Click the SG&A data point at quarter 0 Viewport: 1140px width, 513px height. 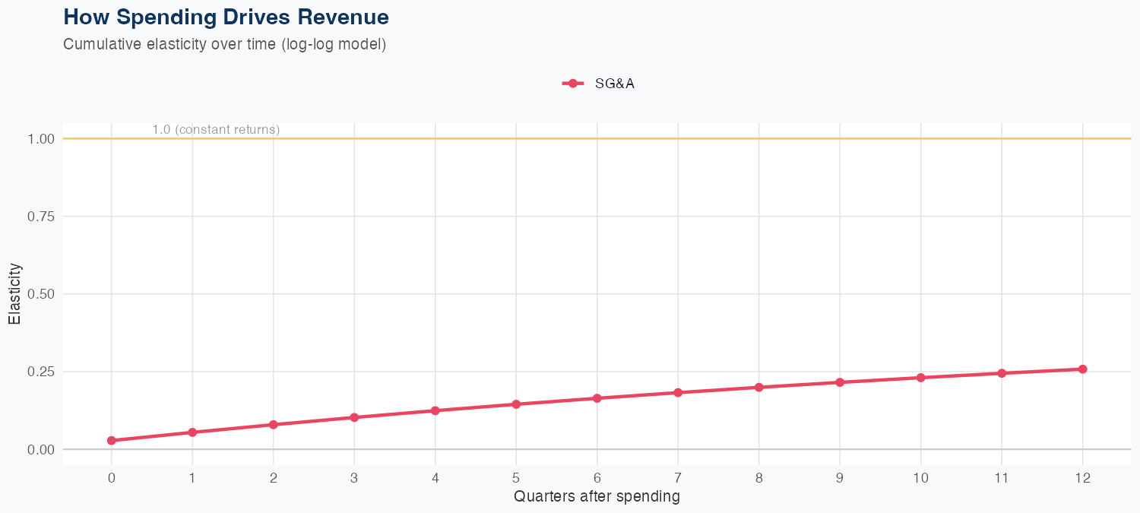point(112,440)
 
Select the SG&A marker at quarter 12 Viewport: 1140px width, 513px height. point(1082,369)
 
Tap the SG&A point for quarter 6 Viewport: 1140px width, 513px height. point(597,398)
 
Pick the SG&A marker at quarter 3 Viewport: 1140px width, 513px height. point(354,417)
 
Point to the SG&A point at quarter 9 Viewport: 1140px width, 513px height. point(840,382)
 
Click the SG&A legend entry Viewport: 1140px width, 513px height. point(599,84)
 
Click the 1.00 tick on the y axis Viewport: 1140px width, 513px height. point(41,139)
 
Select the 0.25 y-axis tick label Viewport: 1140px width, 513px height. point(41,372)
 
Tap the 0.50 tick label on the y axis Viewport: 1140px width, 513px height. point(41,294)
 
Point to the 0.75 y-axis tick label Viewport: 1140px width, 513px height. point(41,217)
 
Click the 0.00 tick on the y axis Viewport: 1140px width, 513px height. point(41,449)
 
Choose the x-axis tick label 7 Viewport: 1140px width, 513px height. point(678,478)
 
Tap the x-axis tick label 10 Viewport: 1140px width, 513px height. point(920,478)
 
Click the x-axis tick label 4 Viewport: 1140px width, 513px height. point(435,478)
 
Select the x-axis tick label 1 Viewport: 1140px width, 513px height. point(192,478)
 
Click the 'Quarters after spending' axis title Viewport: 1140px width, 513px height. point(597,497)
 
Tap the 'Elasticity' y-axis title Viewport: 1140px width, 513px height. point(14,293)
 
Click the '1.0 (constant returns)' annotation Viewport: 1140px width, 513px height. point(216,130)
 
